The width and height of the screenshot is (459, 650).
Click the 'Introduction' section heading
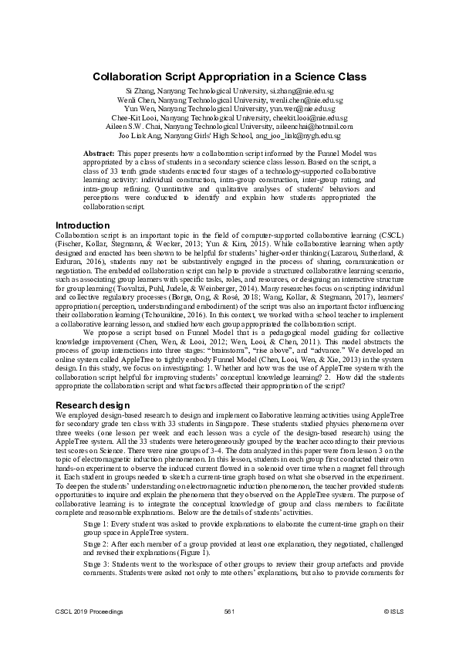(82, 225)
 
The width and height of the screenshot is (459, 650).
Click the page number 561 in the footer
(229, 632)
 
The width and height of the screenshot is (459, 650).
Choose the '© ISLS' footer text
(393, 632)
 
